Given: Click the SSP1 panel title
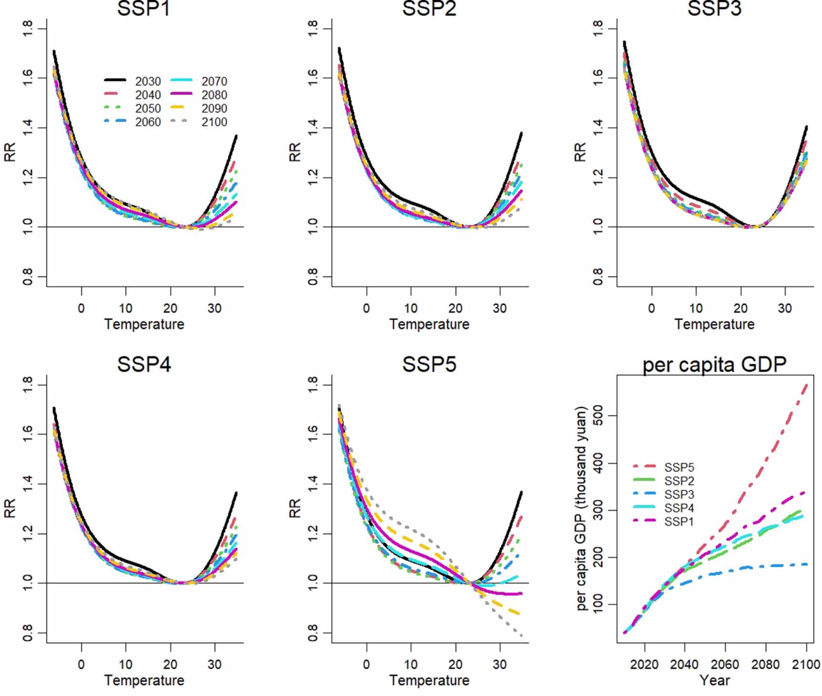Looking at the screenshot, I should click(143, 9).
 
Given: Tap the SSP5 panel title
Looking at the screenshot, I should click(429, 364).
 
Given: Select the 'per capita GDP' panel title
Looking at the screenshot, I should click(714, 365).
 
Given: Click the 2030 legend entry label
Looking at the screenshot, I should click(148, 81).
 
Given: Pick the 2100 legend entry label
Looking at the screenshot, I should click(214, 122).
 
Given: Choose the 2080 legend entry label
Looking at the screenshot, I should click(214, 95).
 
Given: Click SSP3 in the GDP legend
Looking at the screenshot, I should click(679, 495).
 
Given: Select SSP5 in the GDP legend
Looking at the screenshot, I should click(679, 467).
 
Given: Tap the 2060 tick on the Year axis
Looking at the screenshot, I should click(725, 664).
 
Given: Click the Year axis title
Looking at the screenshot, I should click(714, 680).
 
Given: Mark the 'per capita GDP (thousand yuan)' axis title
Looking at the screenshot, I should click(580, 508).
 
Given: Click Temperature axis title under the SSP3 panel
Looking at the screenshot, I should click(714, 324).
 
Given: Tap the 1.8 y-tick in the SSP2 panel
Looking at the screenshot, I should click(313, 29).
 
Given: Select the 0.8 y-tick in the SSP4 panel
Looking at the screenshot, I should click(28, 633).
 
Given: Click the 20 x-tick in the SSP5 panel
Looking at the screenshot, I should click(455, 664).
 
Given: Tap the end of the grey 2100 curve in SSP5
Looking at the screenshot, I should click(522, 636).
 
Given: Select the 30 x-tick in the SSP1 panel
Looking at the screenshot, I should click(214, 308).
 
